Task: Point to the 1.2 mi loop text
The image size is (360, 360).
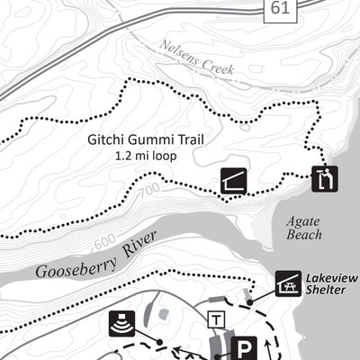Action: [x=145, y=155]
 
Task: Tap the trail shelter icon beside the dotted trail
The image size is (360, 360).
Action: [x=231, y=182]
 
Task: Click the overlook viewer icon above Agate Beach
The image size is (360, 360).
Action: [x=324, y=179]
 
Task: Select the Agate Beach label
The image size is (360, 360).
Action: [x=302, y=227]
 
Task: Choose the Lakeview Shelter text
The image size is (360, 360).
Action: [x=330, y=284]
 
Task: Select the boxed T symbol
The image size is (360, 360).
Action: [x=216, y=319]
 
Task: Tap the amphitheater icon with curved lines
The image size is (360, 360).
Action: [x=121, y=323]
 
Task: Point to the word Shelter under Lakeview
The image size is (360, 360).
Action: [x=330, y=291]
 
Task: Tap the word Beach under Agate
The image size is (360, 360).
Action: [x=303, y=234]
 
